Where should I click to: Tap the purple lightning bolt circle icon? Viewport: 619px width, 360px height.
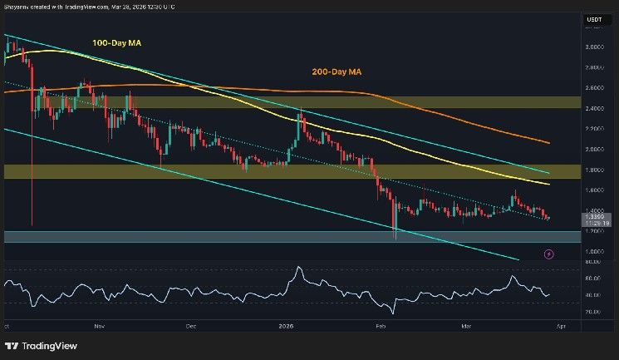[548, 254]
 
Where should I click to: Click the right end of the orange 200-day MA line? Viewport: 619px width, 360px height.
[549, 142]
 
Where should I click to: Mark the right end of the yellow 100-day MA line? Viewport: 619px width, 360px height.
[549, 184]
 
